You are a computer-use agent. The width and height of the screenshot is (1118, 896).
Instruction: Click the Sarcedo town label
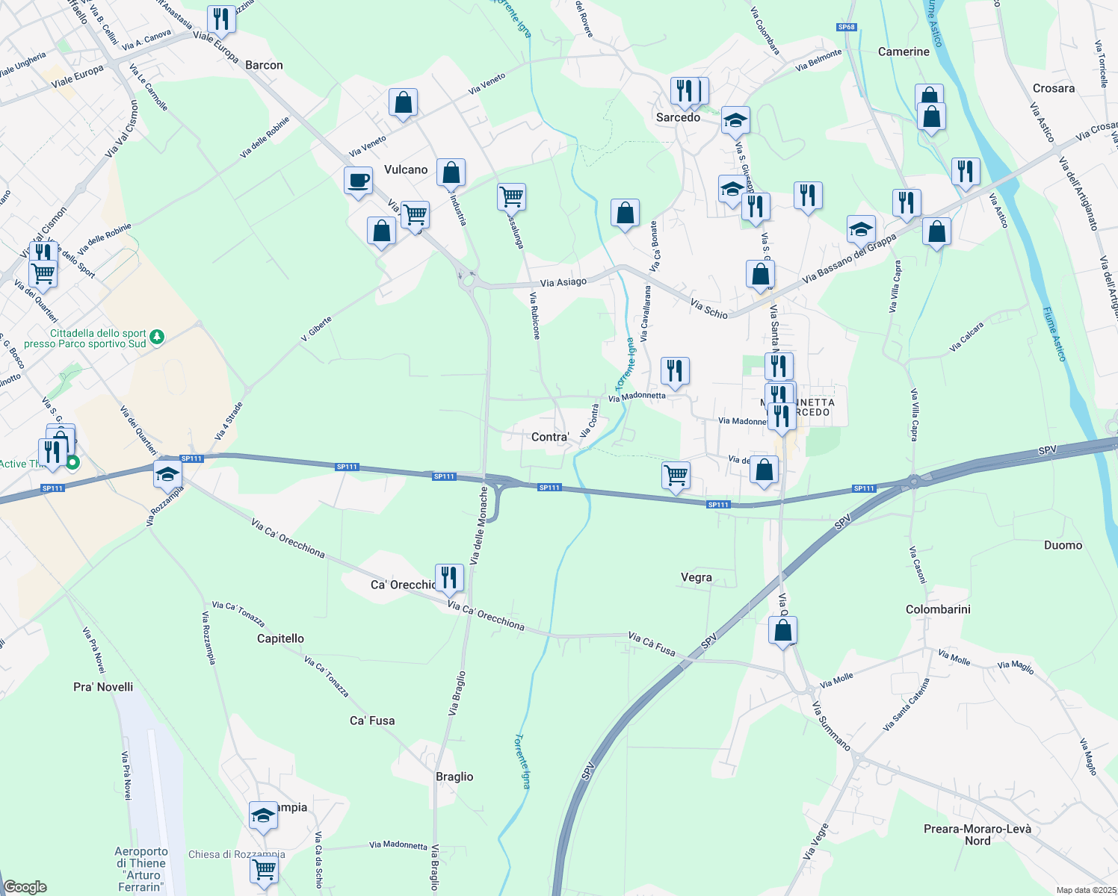click(678, 117)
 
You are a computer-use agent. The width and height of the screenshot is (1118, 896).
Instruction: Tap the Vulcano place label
click(406, 169)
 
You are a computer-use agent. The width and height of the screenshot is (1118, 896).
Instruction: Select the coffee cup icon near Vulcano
click(358, 181)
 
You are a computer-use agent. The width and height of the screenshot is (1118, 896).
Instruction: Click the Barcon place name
click(264, 65)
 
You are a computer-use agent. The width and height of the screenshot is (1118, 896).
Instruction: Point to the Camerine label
click(904, 52)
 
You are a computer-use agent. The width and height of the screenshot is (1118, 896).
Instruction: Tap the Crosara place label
click(1053, 88)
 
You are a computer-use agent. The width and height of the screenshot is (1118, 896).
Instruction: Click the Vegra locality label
click(696, 577)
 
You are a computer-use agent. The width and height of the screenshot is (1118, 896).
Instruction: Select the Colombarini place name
click(938, 609)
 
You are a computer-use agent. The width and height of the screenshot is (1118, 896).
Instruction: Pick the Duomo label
click(1063, 545)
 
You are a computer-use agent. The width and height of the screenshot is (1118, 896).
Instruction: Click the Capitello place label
click(280, 638)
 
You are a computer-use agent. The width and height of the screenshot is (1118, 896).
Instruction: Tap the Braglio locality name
click(454, 777)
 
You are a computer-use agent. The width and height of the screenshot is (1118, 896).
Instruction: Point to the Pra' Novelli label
click(103, 687)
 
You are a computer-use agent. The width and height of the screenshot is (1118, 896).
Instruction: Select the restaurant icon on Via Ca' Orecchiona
click(448, 578)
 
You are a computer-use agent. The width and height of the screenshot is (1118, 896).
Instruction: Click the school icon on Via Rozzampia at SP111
click(167, 474)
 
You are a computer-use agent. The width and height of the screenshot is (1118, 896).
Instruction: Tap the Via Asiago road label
click(563, 282)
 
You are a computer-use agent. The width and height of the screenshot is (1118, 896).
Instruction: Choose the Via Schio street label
click(708, 309)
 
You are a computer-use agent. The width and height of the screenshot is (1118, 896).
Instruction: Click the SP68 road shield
click(846, 27)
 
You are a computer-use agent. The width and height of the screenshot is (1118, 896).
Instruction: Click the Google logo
click(25, 887)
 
